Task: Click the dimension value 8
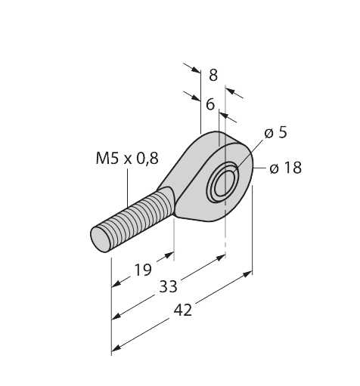(x=213, y=75)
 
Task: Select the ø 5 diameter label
(x=275, y=133)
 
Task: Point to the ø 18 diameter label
(x=285, y=168)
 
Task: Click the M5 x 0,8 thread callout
(x=127, y=159)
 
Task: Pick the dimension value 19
(x=143, y=269)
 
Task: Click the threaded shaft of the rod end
(x=132, y=220)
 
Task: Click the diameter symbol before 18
(x=274, y=168)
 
